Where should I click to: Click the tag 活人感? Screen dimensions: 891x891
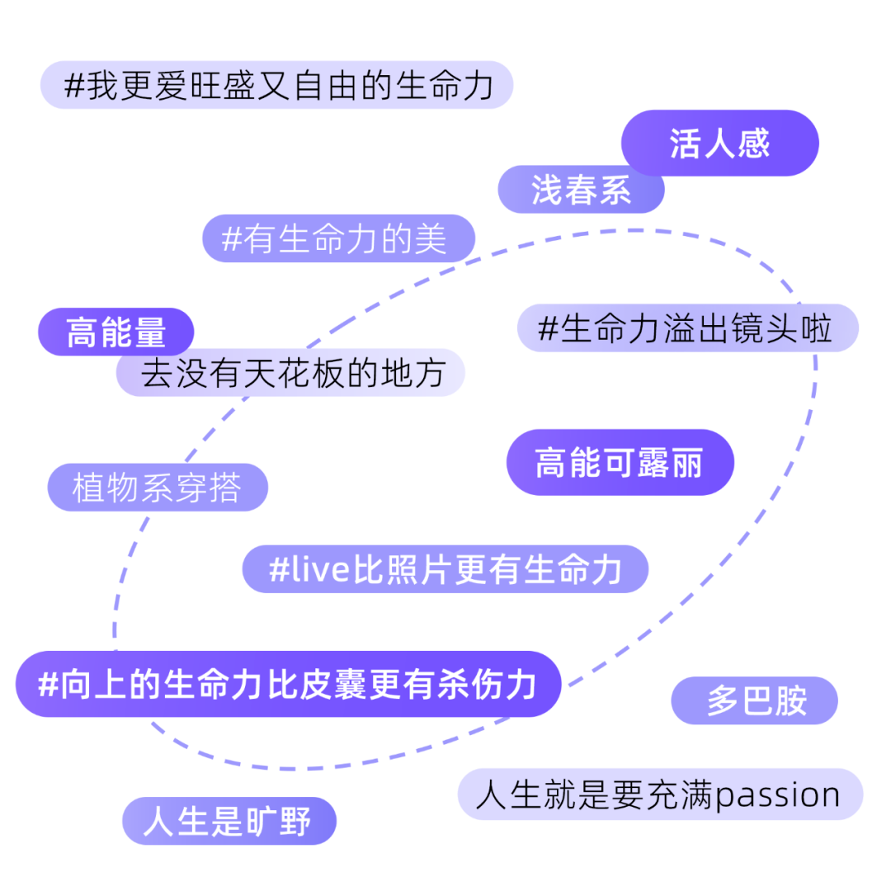pyautogui.click(x=719, y=144)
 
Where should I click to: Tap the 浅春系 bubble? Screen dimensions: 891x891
pyautogui.click(x=581, y=190)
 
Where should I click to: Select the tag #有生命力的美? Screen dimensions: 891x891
pyautogui.click(x=339, y=239)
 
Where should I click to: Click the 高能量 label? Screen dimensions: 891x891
pyautogui.click(x=116, y=332)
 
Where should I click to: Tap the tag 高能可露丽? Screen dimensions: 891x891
pyautogui.click(x=620, y=462)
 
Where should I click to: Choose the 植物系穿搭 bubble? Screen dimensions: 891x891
pyautogui.click(x=158, y=488)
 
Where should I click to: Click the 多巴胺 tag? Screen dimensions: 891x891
pyautogui.click(x=755, y=701)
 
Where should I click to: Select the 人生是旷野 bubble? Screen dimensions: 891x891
pyautogui.click(x=229, y=821)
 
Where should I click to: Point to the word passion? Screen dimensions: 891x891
pyautogui.click(x=777, y=795)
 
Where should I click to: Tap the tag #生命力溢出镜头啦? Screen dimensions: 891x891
pyautogui.click(x=687, y=328)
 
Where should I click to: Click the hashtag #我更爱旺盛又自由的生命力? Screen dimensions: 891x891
pyautogui.click(x=276, y=85)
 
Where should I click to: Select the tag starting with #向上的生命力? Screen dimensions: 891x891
pyautogui.click(x=288, y=684)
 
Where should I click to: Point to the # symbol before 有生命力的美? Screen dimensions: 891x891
pyautogui.click(x=232, y=239)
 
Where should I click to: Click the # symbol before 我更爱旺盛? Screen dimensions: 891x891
pyautogui.click(x=74, y=86)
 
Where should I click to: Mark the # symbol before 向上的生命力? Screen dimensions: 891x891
pyautogui.click(x=49, y=685)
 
